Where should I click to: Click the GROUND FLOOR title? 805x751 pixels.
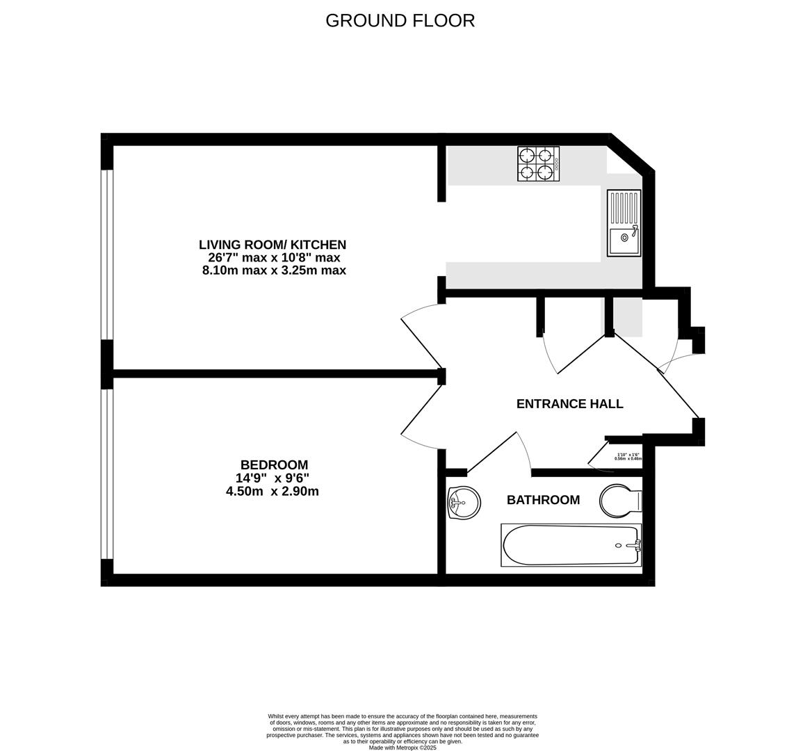click(x=400, y=21)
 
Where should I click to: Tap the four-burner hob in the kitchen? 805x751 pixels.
click(x=538, y=163)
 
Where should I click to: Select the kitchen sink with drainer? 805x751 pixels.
click(x=624, y=223)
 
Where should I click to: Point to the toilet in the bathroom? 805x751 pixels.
click(x=621, y=501)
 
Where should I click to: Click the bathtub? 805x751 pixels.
click(x=571, y=545)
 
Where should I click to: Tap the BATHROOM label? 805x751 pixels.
click(x=543, y=500)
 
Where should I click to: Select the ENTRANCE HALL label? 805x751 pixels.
click(x=569, y=404)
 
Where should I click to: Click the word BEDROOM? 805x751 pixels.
click(x=274, y=465)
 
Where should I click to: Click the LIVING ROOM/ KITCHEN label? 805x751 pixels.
click(x=273, y=245)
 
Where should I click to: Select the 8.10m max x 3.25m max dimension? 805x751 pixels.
click(x=274, y=270)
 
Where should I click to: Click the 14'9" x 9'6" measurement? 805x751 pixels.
click(x=273, y=478)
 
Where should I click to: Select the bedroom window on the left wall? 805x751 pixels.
click(x=106, y=474)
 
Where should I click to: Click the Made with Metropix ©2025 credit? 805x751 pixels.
click(x=402, y=748)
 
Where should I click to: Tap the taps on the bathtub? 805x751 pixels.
click(x=633, y=545)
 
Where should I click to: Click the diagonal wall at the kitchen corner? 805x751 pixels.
click(x=631, y=153)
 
